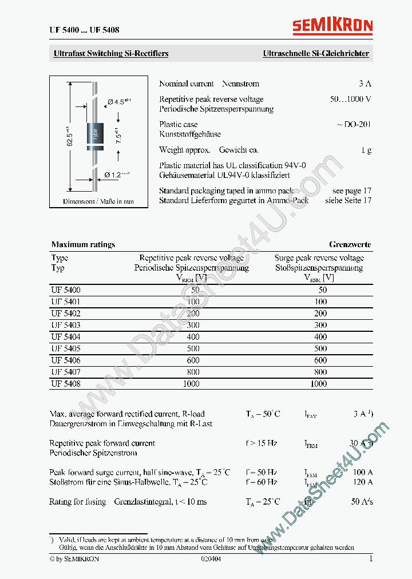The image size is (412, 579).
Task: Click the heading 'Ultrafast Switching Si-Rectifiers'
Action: click(x=111, y=54)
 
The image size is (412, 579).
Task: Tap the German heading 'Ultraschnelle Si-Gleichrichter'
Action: click(x=315, y=54)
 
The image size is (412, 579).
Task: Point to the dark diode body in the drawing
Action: click(x=94, y=135)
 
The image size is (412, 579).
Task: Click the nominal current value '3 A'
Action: click(x=365, y=84)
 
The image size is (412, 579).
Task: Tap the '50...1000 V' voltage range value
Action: click(x=350, y=99)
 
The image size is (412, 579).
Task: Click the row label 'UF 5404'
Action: click(x=66, y=337)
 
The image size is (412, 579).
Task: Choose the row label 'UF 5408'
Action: click(x=66, y=384)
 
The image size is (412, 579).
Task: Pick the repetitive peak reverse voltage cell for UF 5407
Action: click(x=192, y=372)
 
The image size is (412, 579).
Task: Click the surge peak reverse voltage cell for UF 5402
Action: click(x=320, y=314)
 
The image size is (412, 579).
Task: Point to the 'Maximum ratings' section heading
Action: click(x=83, y=244)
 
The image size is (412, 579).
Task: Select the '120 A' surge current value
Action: click(x=362, y=482)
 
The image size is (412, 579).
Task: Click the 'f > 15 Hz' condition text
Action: click(x=262, y=443)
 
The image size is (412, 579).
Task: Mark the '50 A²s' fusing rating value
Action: click(x=362, y=502)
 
